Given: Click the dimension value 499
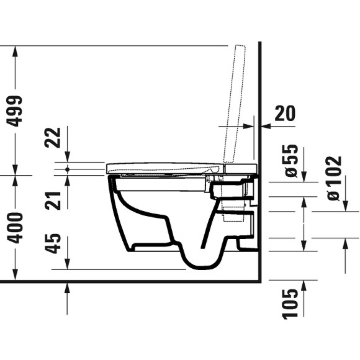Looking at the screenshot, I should click(15, 110).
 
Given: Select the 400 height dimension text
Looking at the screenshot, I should click(15, 227).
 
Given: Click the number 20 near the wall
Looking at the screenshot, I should click(284, 113).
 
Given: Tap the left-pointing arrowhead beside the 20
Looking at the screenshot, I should click(265, 126).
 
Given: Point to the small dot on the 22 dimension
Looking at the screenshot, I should click(66, 168).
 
